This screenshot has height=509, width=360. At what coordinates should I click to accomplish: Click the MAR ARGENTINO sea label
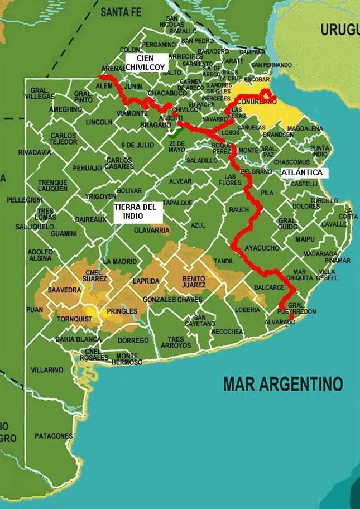[282, 383]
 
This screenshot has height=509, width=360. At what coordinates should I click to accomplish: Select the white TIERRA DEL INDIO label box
[138, 213]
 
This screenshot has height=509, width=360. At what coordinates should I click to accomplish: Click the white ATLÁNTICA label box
[301, 172]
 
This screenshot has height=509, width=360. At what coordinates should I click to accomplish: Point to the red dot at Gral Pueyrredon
[291, 317]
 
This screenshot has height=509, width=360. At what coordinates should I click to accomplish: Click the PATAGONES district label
[54, 435]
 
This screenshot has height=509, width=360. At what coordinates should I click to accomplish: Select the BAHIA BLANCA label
[78, 339]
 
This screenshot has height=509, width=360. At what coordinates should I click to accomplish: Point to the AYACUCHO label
[262, 247]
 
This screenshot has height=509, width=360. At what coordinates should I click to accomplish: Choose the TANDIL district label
[224, 261]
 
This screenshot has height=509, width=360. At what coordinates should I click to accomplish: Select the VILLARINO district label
[47, 370]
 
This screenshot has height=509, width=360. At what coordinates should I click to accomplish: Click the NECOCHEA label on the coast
[227, 332]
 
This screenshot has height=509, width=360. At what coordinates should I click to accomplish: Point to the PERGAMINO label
[160, 44]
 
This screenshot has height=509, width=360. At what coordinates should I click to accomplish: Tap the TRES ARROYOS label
[175, 342]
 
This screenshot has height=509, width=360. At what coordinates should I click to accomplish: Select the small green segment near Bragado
[174, 133]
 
